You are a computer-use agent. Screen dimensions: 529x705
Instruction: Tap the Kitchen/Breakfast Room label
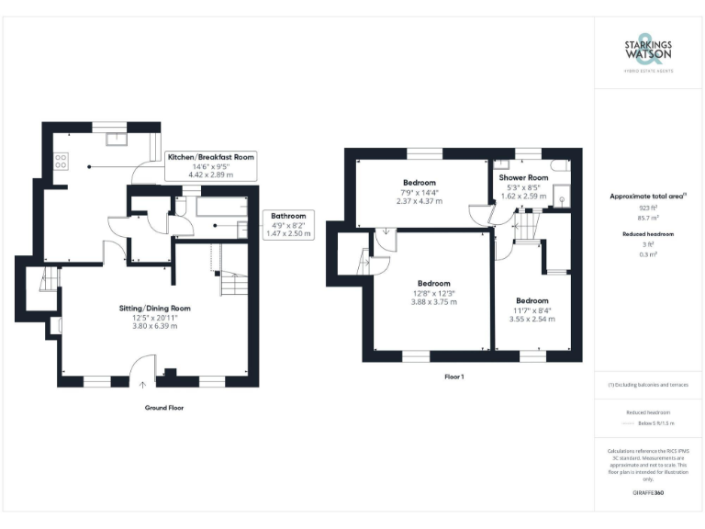(210, 158)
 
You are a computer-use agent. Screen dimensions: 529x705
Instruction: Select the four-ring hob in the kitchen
(62, 161)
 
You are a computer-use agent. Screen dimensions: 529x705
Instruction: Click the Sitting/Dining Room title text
(154, 308)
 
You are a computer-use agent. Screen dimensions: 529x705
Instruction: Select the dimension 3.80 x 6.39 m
(154, 325)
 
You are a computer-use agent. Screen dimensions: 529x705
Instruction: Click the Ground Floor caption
(163, 407)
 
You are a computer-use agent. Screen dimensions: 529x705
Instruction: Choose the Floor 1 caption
(453, 377)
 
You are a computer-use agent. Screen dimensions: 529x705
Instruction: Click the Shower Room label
(523, 177)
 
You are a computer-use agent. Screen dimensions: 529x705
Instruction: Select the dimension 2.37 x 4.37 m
(419, 201)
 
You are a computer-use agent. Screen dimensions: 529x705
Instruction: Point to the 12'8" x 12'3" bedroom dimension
(434, 293)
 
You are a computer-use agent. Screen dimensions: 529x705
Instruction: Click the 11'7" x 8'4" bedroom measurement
(532, 310)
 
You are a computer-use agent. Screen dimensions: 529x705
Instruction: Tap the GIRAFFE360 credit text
(648, 493)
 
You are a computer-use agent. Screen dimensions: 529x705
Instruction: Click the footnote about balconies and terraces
(648, 384)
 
